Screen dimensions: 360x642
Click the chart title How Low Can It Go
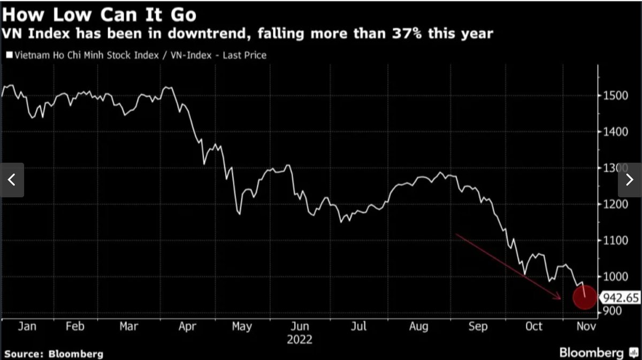click(99, 13)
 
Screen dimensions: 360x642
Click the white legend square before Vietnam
click(9, 55)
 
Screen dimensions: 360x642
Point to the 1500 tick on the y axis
click(612, 96)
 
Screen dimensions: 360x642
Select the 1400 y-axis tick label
click(612, 132)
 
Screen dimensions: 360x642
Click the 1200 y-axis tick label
click(612, 204)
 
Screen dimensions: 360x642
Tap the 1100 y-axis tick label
click(612, 241)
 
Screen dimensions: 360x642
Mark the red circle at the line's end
click(584, 297)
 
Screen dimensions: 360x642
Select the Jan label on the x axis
click(27, 326)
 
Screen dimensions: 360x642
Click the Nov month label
click(586, 326)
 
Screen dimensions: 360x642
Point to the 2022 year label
click(300, 339)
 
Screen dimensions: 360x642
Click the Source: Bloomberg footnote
click(54, 354)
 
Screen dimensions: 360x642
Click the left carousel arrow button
click(12, 180)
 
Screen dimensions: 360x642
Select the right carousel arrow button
click(630, 180)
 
